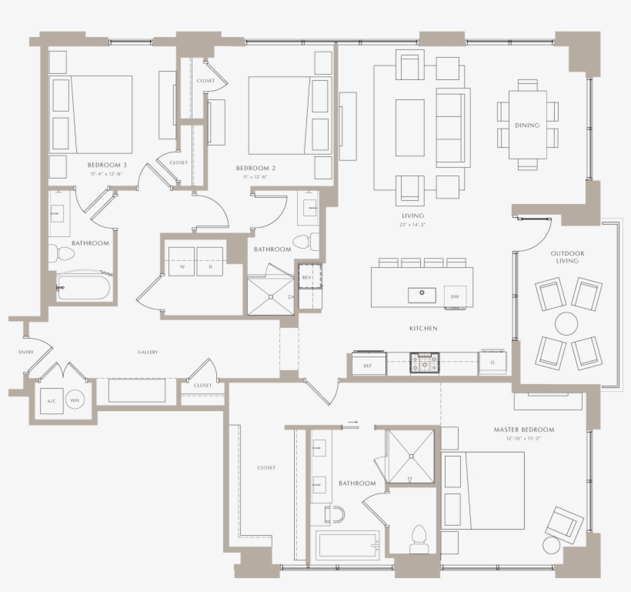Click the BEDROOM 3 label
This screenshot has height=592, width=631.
(x=107, y=166)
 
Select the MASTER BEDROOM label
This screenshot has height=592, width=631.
(x=524, y=430)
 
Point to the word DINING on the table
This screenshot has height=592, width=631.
(x=527, y=125)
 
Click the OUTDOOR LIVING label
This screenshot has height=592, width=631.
(x=567, y=257)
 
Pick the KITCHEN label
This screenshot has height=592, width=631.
(x=423, y=329)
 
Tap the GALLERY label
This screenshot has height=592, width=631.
(x=148, y=352)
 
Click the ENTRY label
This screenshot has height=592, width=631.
(x=26, y=353)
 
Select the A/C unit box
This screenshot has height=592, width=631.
(x=52, y=401)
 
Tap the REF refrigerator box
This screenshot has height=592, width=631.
(x=368, y=365)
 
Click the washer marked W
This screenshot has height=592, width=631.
(x=182, y=262)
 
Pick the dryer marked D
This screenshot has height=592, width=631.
(x=210, y=262)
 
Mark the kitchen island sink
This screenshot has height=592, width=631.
(x=422, y=293)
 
